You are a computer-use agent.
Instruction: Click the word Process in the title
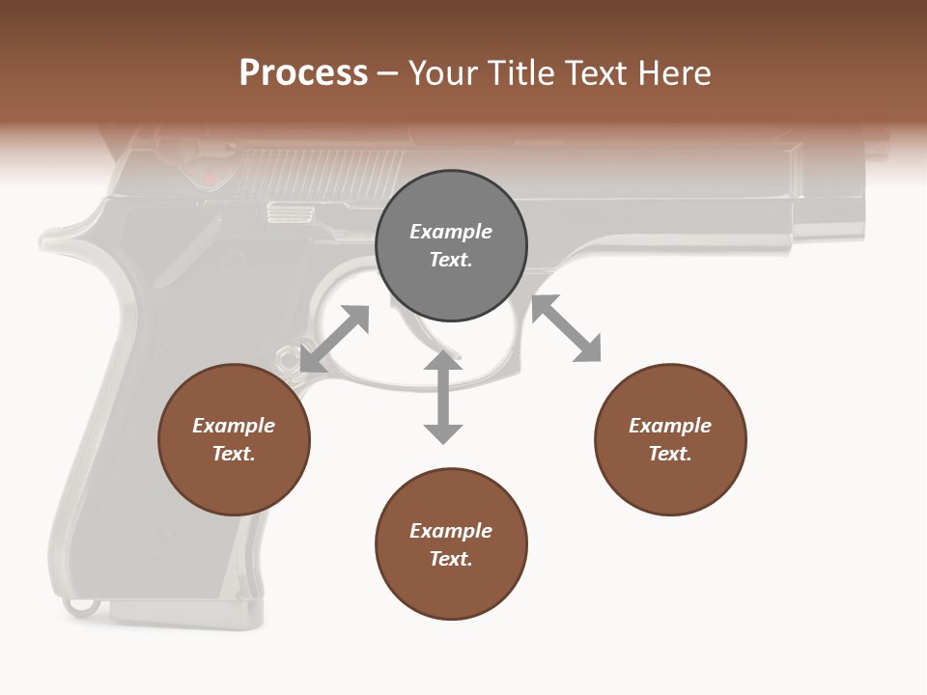point(303,73)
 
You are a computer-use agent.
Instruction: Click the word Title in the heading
point(520,73)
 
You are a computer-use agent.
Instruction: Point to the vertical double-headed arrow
point(443,397)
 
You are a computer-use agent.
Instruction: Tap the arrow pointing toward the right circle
point(566,328)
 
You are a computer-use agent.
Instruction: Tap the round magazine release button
point(287,360)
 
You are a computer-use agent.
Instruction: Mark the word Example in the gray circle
point(451,232)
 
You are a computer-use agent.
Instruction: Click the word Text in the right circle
point(670,454)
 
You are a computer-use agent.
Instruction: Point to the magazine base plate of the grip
point(183,612)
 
